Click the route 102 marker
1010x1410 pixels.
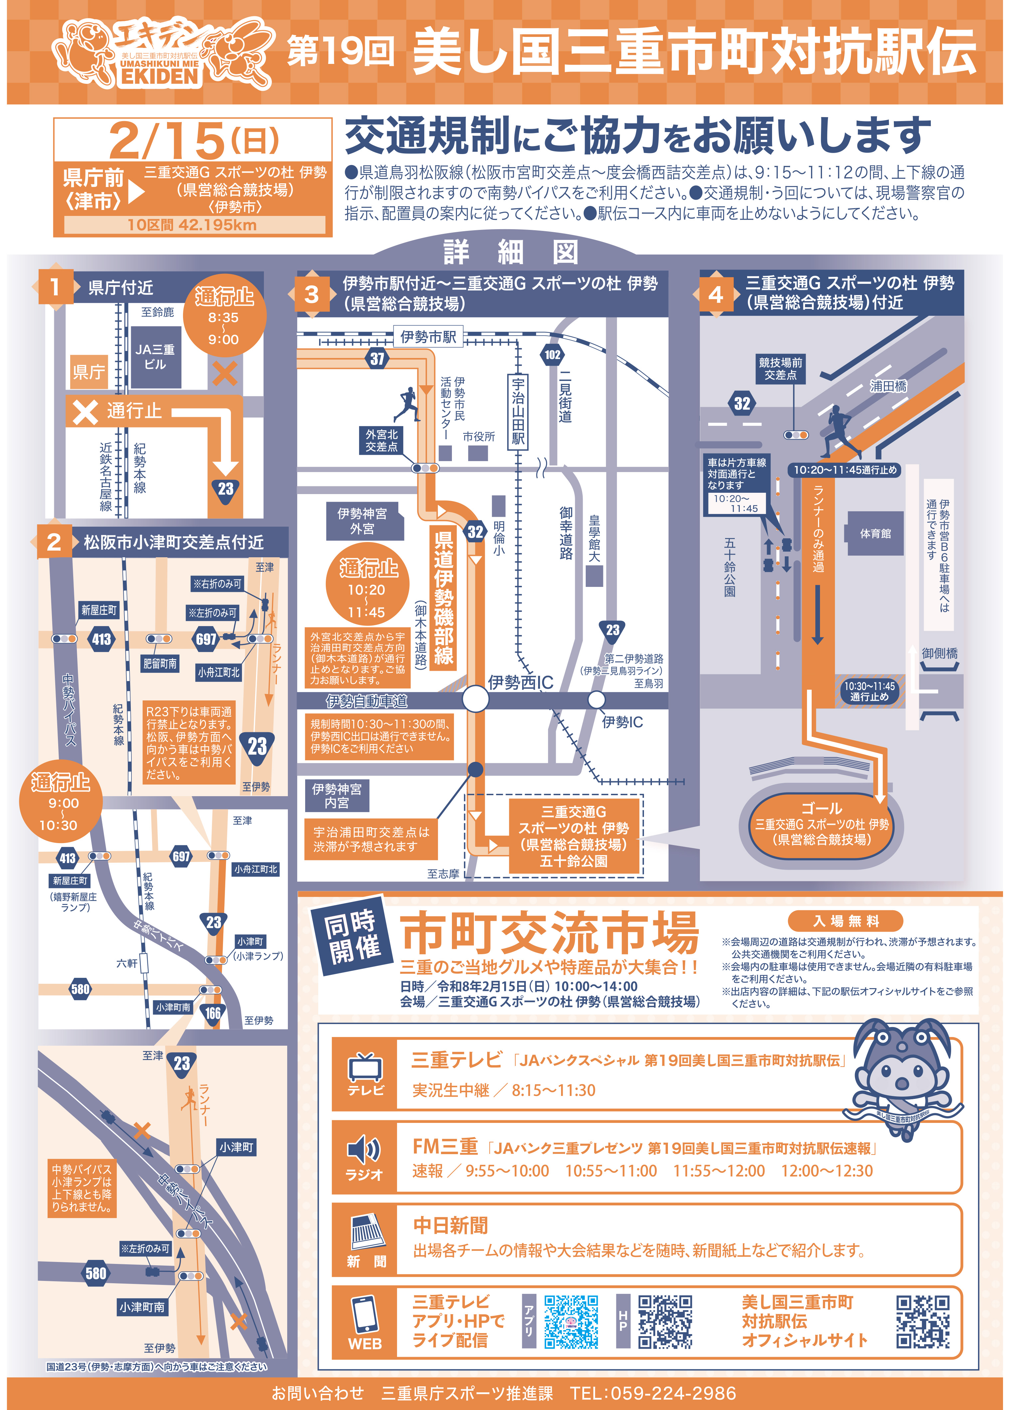[552, 355]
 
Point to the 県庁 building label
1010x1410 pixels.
[89, 372]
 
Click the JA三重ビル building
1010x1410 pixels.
[155, 357]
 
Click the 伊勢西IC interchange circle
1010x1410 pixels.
[476, 699]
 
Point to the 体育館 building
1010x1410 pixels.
[875, 533]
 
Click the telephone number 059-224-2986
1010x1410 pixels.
[674, 1393]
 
